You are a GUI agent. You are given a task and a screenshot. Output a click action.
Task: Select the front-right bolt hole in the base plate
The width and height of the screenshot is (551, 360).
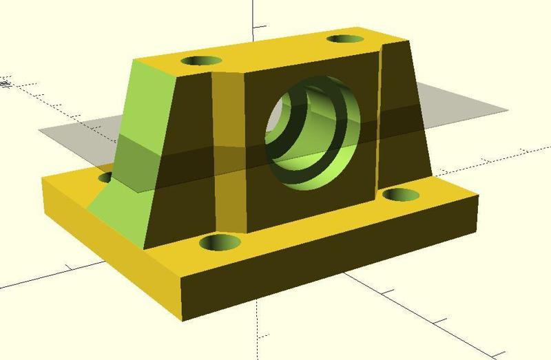click(397, 195)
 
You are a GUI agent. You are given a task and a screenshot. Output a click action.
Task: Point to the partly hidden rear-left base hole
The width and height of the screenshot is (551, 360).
click(105, 178)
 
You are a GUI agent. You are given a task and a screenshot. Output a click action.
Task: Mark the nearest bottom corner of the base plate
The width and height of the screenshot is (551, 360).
click(183, 319)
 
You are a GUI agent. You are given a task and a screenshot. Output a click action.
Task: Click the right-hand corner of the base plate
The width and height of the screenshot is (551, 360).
click(477, 198)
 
